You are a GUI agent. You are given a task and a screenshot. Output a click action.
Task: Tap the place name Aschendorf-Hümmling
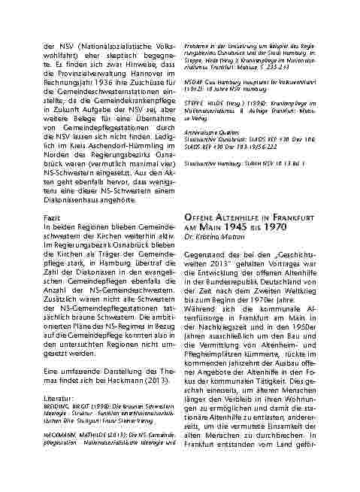113,153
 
